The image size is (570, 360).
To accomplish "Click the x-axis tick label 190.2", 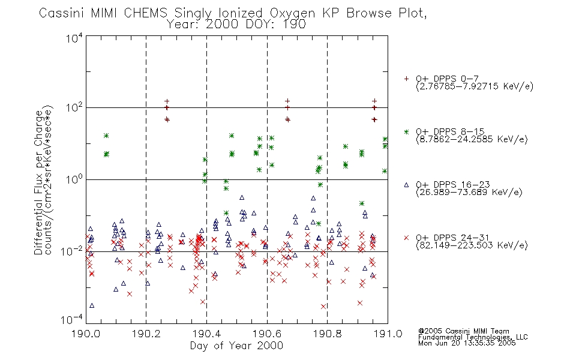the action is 146,334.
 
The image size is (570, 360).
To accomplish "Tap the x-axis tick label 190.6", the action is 266,334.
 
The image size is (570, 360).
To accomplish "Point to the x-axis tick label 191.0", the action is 388,334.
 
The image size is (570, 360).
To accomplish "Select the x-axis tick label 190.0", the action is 86,334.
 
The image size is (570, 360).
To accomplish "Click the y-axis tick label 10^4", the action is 74,38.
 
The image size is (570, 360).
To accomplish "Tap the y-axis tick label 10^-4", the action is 72,320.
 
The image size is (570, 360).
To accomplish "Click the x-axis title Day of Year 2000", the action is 236,346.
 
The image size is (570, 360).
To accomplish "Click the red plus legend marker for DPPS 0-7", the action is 406,79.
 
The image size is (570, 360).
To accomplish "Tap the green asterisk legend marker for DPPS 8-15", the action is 406,131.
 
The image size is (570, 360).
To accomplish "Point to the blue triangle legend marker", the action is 406,185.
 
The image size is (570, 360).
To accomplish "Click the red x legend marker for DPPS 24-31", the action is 406,238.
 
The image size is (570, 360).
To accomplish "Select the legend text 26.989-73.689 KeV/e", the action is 469,192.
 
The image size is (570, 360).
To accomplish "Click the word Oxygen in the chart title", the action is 292,13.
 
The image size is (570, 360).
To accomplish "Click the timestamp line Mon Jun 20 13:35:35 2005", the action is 467,343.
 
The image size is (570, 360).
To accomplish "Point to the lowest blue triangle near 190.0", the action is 92,305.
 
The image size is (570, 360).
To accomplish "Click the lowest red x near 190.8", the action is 323,307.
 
